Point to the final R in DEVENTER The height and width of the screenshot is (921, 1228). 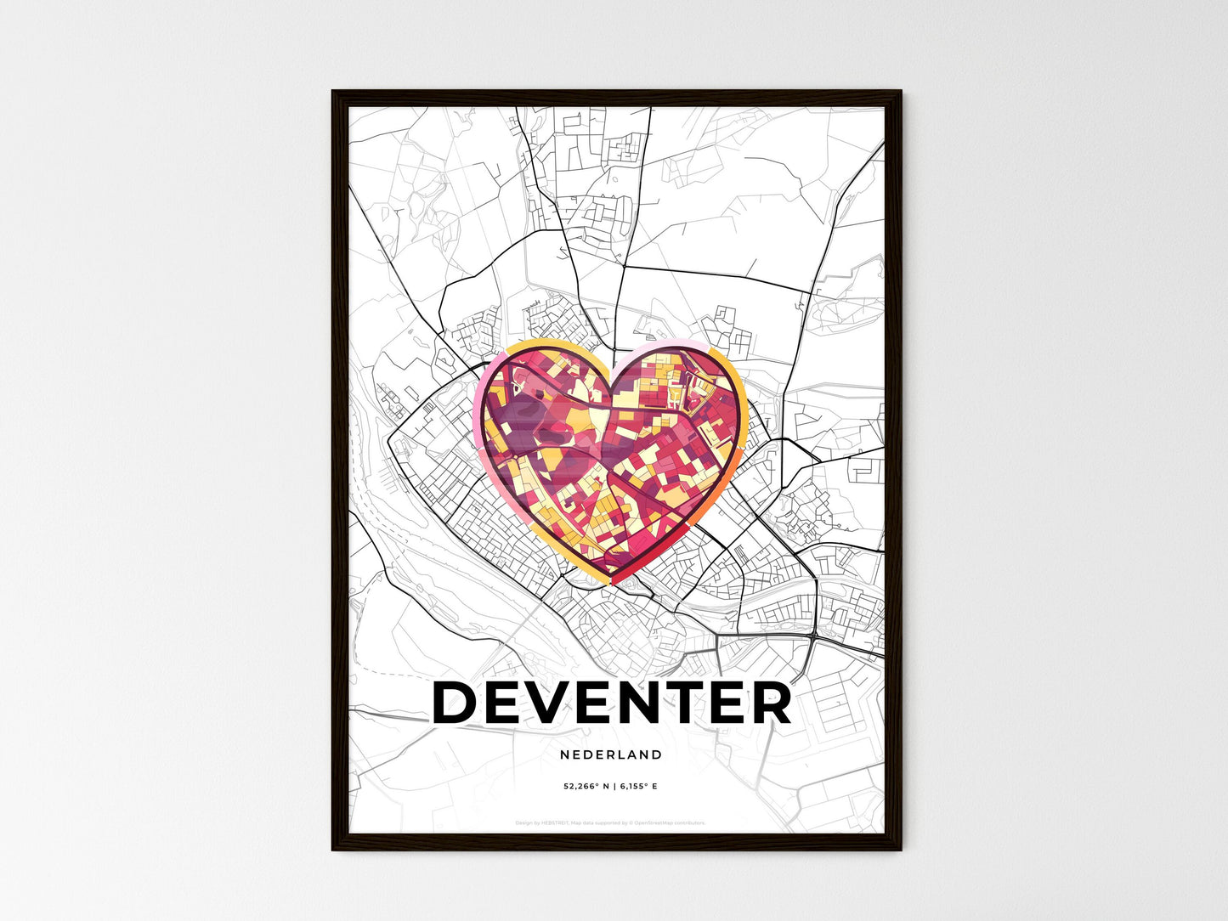[x=771, y=703]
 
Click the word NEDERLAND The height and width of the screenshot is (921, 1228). [x=611, y=754]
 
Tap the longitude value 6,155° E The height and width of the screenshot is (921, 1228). [x=638, y=787]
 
